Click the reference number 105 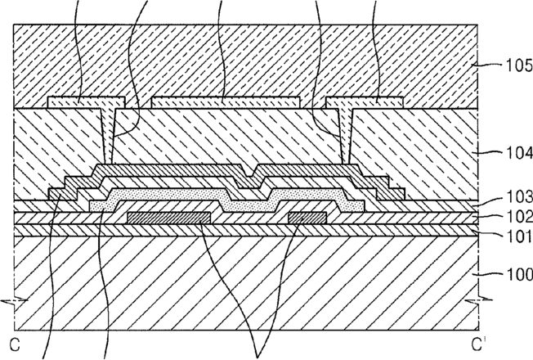(x=519, y=65)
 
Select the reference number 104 (x=519, y=154)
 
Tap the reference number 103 (x=519, y=197)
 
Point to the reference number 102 (x=519, y=217)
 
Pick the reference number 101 (x=519, y=236)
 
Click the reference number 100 (x=519, y=274)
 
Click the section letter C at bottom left (x=15, y=345)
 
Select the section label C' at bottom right (x=477, y=344)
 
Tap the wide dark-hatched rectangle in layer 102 (x=169, y=218)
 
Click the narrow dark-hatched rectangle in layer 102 (x=307, y=218)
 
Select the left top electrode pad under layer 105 (x=87, y=102)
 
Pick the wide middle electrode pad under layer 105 (x=226, y=102)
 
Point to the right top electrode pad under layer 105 (x=365, y=102)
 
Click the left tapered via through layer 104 (x=108, y=136)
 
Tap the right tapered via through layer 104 (x=347, y=136)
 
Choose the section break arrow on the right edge (x=478, y=300)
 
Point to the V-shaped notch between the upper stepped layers (x=250, y=172)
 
